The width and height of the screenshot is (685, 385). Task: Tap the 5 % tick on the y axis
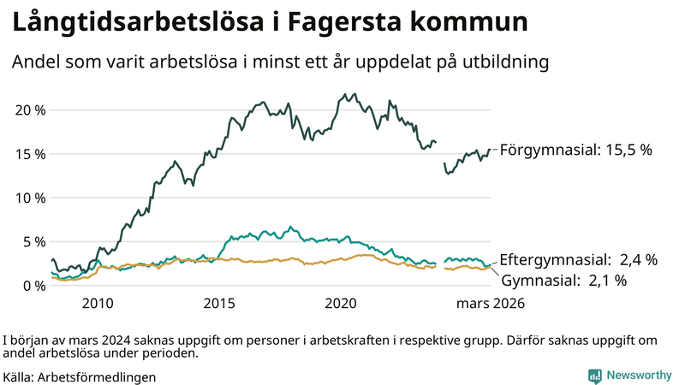tap(33, 241)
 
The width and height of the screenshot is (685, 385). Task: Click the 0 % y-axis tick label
tap(33, 285)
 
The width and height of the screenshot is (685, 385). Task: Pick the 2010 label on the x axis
tap(98, 303)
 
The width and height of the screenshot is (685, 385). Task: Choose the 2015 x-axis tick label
tap(219, 303)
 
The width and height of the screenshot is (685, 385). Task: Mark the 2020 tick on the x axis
tap(341, 303)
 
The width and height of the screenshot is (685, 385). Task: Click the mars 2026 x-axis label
tap(490, 303)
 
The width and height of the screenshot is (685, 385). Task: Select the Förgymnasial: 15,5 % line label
tap(575, 150)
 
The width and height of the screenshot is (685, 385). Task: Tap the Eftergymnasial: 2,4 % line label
tap(578, 259)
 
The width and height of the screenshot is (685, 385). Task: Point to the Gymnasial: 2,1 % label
tap(563, 280)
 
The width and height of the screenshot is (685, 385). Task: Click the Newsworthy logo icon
tap(594, 376)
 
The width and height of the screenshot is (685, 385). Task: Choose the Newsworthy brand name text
tap(639, 376)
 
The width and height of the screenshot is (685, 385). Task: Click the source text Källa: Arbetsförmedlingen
tap(80, 376)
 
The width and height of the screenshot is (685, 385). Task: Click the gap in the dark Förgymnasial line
tap(439, 152)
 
